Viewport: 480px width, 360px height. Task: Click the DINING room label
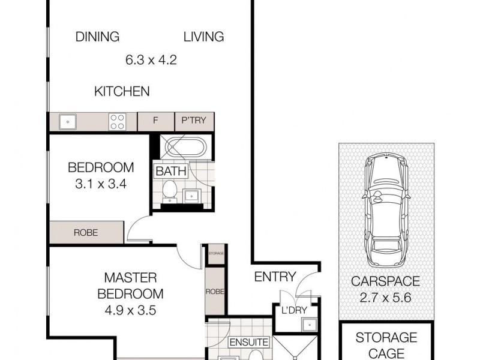[97, 37]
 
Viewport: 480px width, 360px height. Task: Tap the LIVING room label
[203, 37]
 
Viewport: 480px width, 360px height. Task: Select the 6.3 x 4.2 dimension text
[151, 60]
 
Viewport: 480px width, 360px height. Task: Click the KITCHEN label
[122, 92]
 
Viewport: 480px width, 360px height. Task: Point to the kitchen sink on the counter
[67, 122]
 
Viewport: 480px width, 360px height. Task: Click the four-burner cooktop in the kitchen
[117, 122]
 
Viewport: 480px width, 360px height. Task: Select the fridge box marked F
[155, 121]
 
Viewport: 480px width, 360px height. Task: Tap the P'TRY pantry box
[194, 121]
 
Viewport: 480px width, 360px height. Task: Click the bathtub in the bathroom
[185, 147]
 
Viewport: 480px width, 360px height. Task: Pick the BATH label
[171, 172]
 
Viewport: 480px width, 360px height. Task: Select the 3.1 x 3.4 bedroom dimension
[100, 184]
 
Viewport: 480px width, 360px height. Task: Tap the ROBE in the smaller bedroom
[86, 232]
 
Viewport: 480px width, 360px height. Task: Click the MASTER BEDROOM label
[131, 286]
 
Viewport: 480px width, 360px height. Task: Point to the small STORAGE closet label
[215, 254]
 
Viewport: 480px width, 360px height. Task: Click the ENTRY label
[275, 277]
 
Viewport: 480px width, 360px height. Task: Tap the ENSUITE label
[248, 342]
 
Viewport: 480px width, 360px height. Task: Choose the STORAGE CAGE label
[386, 345]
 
